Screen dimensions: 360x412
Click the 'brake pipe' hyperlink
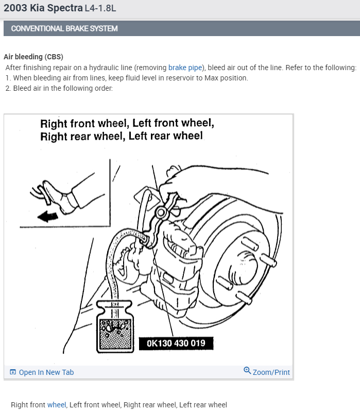pyautogui.click(x=185, y=68)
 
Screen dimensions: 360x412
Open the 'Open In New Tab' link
pyautogui.click(x=46, y=372)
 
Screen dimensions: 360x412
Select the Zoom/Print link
pyautogui.click(x=271, y=372)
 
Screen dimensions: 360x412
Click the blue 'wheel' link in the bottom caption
pyautogui.click(x=57, y=405)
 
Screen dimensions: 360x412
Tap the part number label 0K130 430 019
pyautogui.click(x=176, y=343)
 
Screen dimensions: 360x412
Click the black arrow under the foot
pyautogui.click(x=48, y=217)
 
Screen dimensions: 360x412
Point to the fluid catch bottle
pyautogui.click(x=115, y=326)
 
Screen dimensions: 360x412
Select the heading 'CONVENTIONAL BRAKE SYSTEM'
pyautogui.click(x=64, y=28)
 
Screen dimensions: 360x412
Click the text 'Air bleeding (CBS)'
pyautogui.click(x=33, y=57)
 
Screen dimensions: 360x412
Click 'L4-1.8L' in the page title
pyautogui.click(x=100, y=8)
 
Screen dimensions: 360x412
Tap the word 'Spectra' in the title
pyautogui.click(x=65, y=8)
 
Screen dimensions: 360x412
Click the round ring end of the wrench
pyautogui.click(x=161, y=212)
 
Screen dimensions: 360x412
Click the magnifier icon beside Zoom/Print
pyautogui.click(x=247, y=370)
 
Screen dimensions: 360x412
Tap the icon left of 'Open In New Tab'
pyautogui.click(x=12, y=372)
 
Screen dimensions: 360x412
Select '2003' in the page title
pyautogui.click(x=15, y=8)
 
